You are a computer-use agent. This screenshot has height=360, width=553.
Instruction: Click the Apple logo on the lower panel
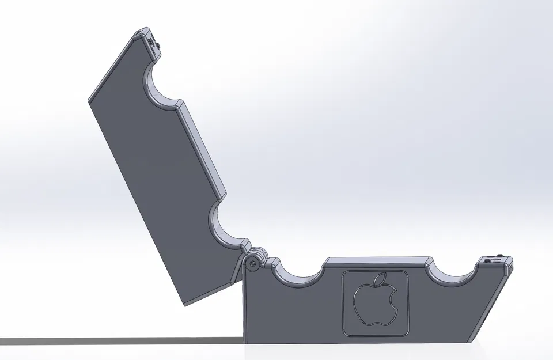pyautogui.click(x=376, y=302)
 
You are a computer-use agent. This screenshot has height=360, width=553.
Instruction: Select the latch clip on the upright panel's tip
pyautogui.click(x=153, y=43)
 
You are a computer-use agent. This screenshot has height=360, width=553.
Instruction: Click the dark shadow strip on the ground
pyautogui.click(x=115, y=341)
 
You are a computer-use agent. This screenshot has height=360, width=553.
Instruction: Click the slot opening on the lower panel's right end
pyautogui.click(x=509, y=268)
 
